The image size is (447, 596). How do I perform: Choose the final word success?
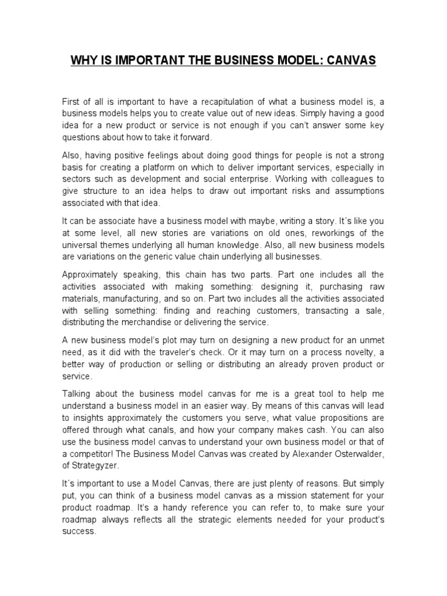[x=79, y=532]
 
